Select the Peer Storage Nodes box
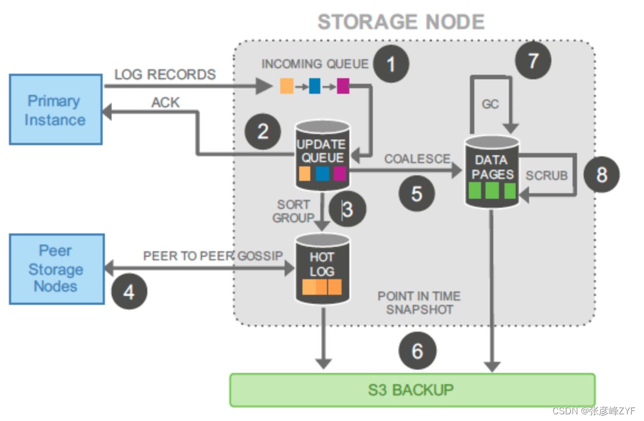pyautogui.click(x=56, y=269)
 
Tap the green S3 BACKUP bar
pyautogui.click(x=412, y=389)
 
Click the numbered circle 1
pyautogui.click(x=391, y=64)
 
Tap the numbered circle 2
pyautogui.click(x=263, y=132)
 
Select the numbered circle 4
pyautogui.click(x=129, y=291)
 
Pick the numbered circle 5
pyautogui.click(x=417, y=193)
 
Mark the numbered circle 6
pyautogui.click(x=417, y=351)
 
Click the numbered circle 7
pyautogui.click(x=532, y=60)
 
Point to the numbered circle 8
pyautogui.click(x=602, y=175)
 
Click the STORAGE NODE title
pyautogui.click(x=401, y=22)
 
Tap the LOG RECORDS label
pyautogui.click(x=165, y=75)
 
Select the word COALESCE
pyautogui.click(x=416, y=159)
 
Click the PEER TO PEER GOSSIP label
pyautogui.click(x=213, y=256)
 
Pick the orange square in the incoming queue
pyautogui.click(x=287, y=86)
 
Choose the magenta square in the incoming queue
pyautogui.click(x=343, y=86)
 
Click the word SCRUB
pyautogui.click(x=546, y=175)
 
